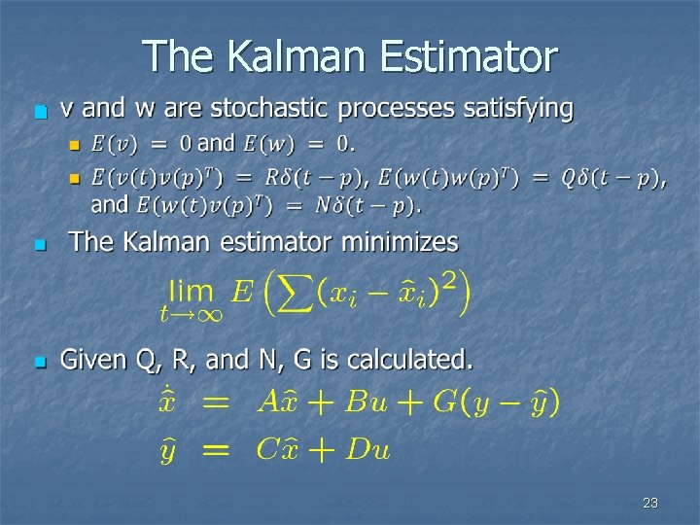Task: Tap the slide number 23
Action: point(650,503)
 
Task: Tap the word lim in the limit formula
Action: point(191,289)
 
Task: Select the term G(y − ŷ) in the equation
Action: point(495,402)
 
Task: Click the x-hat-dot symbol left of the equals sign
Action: point(168,401)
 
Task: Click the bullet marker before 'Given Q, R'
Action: point(39,363)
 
